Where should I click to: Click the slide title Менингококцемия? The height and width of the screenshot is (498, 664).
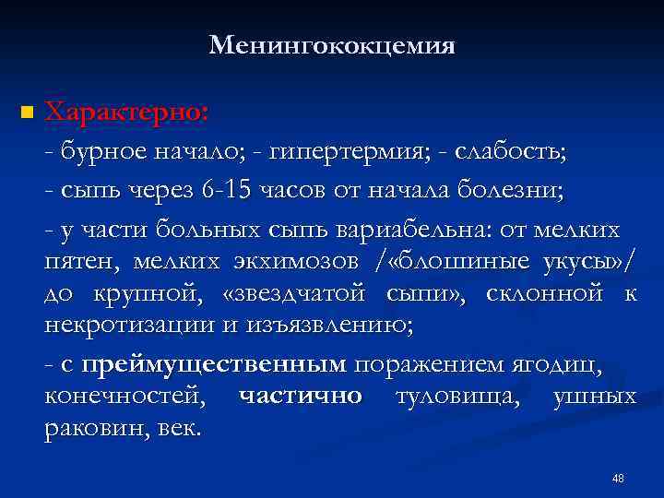tap(332, 44)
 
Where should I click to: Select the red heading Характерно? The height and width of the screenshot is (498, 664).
tap(126, 112)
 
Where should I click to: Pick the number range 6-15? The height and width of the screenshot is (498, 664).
tap(226, 191)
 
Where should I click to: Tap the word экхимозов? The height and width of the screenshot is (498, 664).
tap(296, 262)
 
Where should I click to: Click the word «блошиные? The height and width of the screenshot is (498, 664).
tap(455, 262)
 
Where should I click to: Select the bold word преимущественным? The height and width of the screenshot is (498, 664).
tap(214, 365)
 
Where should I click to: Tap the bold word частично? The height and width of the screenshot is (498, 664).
tap(301, 397)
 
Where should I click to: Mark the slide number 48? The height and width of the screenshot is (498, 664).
tap(618, 479)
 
